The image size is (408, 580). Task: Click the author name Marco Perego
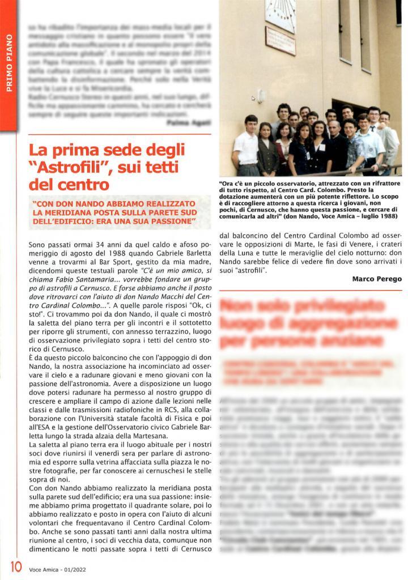click(x=377, y=279)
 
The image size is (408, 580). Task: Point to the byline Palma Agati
click(x=189, y=122)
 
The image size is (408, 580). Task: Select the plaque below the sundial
click(x=280, y=41)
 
